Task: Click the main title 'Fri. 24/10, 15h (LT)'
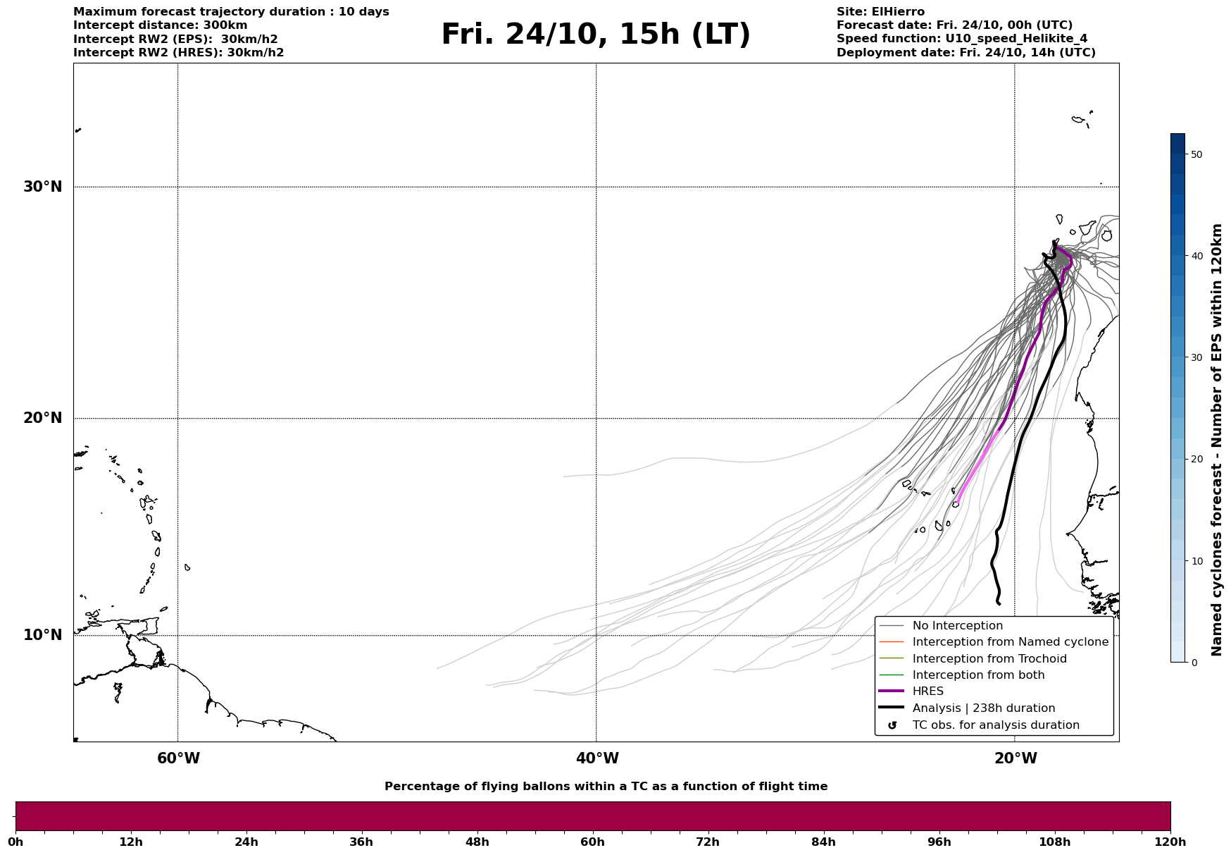point(596,35)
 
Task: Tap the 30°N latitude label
point(42,187)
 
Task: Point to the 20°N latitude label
point(42,418)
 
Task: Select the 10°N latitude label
point(42,635)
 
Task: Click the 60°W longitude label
point(178,758)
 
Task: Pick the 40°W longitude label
point(597,758)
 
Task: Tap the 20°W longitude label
point(1016,758)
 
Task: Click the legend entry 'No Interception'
point(957,626)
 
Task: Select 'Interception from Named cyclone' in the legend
point(1010,642)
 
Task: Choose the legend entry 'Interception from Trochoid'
point(989,659)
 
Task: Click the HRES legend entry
point(927,691)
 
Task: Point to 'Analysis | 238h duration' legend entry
point(983,708)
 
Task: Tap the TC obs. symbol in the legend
point(892,725)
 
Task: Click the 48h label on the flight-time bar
point(477,842)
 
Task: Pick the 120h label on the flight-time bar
point(1170,842)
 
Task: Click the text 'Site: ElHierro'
point(880,12)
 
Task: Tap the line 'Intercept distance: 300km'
point(160,25)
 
